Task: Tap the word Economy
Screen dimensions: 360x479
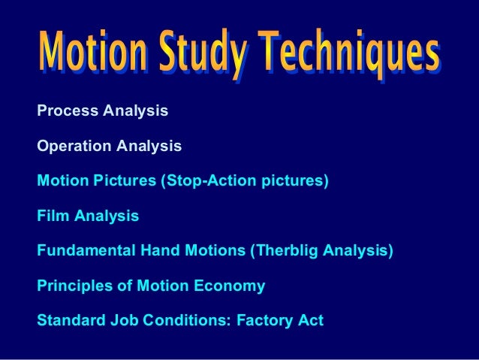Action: coord(233,286)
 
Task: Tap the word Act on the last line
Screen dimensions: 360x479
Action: coord(311,321)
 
